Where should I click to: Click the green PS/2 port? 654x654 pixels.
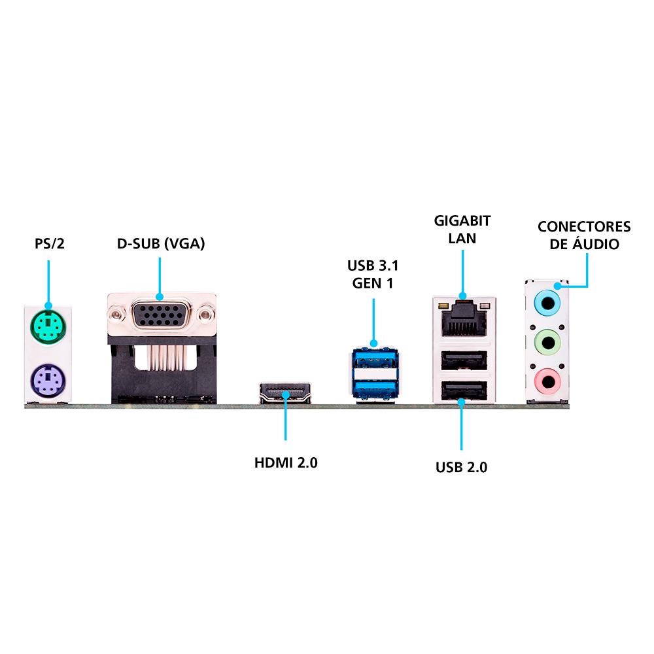point(48,326)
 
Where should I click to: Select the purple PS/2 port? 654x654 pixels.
point(48,381)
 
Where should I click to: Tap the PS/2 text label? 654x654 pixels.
point(50,243)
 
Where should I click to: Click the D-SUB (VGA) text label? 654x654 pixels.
point(161,243)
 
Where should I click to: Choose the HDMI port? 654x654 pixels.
point(285,392)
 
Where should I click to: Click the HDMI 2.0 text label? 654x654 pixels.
point(286,462)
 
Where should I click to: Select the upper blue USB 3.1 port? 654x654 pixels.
point(373,360)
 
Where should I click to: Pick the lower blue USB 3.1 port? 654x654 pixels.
point(373,388)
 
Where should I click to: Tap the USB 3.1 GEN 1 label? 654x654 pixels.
point(373,274)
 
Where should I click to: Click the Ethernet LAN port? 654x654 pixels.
point(464,319)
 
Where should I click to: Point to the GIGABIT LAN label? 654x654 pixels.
point(462,229)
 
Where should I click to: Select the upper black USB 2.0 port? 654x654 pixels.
point(464,360)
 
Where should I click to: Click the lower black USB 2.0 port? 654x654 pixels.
point(464,390)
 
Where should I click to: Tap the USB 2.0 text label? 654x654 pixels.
point(461,467)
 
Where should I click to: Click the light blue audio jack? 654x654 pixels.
point(547,303)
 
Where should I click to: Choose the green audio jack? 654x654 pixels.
point(547,343)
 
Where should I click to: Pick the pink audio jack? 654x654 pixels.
point(547,381)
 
